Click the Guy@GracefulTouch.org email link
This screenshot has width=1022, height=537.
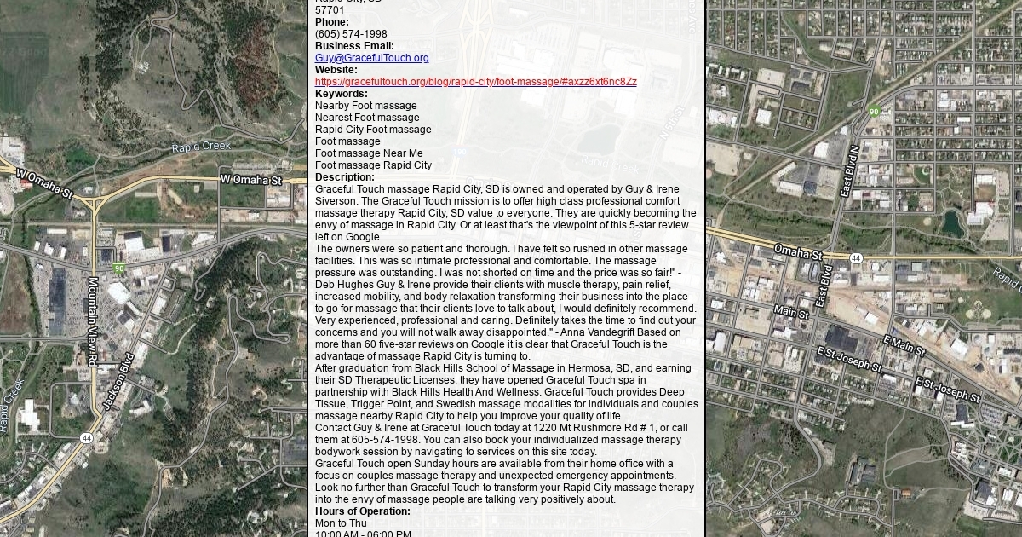(x=371, y=58)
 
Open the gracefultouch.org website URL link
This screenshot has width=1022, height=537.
(x=475, y=82)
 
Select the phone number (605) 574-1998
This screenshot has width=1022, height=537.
(x=351, y=34)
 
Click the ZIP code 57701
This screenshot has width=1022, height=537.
(x=330, y=10)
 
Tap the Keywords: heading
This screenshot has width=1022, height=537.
(x=341, y=94)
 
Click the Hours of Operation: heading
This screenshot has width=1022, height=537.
(x=362, y=511)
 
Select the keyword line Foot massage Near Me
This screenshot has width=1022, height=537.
(x=369, y=153)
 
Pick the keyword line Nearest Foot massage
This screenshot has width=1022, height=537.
(x=367, y=118)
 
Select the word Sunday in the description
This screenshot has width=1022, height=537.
(x=444, y=464)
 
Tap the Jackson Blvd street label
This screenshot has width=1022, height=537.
(x=119, y=380)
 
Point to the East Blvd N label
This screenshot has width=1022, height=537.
(x=849, y=170)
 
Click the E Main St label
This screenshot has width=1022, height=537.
(x=904, y=344)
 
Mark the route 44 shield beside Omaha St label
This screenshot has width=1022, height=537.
(x=856, y=257)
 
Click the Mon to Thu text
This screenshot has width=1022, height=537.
(x=341, y=523)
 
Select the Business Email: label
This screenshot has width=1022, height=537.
(x=354, y=46)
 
